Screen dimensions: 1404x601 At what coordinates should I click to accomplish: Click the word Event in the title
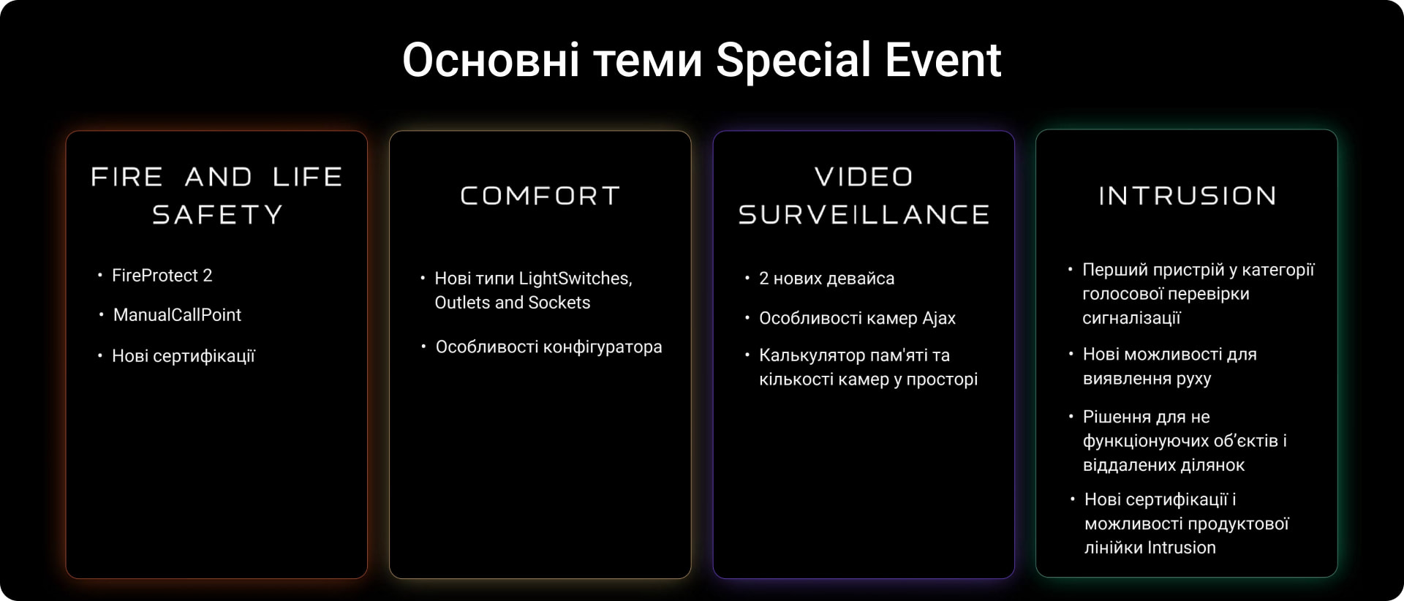[x=943, y=59]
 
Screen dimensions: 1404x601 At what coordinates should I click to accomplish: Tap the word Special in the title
[x=793, y=61]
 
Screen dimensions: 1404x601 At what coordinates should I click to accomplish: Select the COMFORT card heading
[x=540, y=195]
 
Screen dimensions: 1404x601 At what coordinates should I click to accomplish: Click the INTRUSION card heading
[x=1188, y=195]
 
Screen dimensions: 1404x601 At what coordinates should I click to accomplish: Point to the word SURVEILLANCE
[x=864, y=214]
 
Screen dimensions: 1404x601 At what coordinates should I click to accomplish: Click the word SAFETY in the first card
[x=217, y=214]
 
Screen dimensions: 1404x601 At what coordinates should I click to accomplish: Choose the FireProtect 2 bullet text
[x=162, y=276]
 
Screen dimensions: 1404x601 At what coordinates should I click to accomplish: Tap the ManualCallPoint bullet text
[x=177, y=315]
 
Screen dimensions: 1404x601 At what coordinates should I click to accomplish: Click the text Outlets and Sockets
[x=512, y=303]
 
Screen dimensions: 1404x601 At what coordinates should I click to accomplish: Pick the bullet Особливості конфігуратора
[x=548, y=347]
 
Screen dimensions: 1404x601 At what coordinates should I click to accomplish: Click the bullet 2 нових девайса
[x=826, y=279]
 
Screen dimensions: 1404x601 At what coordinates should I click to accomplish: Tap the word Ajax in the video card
[x=939, y=319]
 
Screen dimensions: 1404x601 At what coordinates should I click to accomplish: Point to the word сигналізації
[x=1131, y=319]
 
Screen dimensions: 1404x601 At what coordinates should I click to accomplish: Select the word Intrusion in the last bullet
[x=1182, y=548]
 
